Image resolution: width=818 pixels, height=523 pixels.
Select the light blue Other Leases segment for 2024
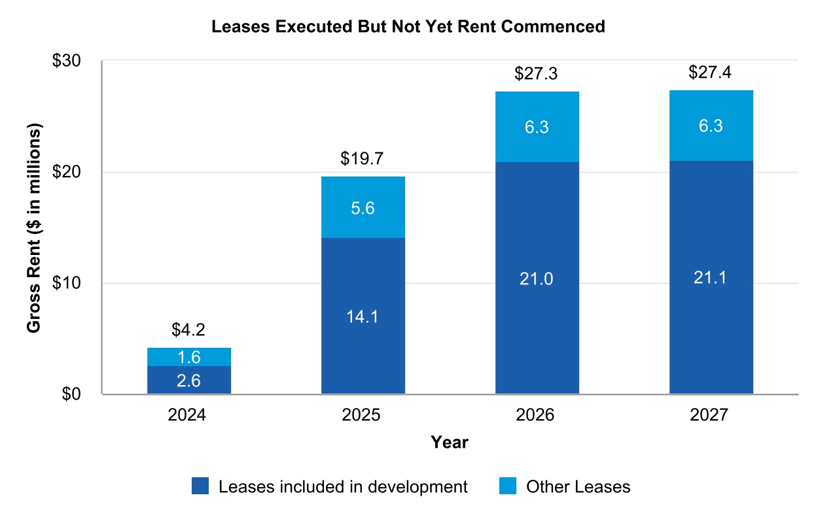click(189, 357)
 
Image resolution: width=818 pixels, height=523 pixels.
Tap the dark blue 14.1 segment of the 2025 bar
click(363, 316)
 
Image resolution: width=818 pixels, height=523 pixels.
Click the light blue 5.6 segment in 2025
click(363, 207)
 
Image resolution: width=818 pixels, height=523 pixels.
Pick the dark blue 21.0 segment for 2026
click(537, 278)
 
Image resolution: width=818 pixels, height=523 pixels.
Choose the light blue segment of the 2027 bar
click(711, 126)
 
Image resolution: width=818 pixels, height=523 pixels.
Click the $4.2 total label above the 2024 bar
click(188, 330)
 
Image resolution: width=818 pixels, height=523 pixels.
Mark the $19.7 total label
click(363, 159)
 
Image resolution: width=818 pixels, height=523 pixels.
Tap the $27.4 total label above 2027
click(711, 73)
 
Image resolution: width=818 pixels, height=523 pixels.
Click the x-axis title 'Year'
click(450, 443)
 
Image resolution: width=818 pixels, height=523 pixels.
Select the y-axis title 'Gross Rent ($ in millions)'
click(34, 228)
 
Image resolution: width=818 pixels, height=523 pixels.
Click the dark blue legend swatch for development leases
click(200, 486)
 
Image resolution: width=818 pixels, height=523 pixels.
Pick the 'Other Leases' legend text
click(578, 486)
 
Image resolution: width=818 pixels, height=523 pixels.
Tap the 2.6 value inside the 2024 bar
click(188, 380)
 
